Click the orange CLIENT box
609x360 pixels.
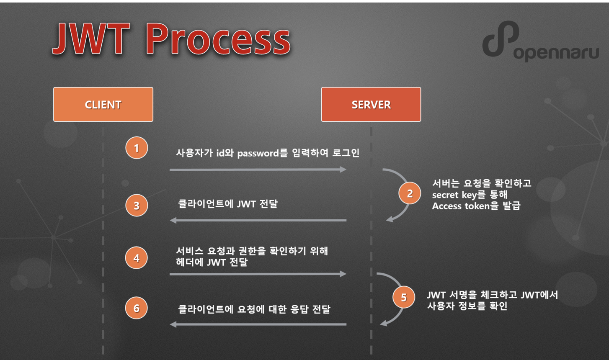pos(103,104)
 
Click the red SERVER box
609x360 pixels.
pos(371,104)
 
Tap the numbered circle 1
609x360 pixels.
pos(137,148)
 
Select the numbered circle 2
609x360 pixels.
pos(410,193)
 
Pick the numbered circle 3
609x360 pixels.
pos(137,206)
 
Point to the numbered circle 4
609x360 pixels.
pos(137,258)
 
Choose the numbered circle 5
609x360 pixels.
pos(404,297)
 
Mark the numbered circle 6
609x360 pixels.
pos(137,309)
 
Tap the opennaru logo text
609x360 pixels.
pos(556,53)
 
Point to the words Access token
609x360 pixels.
pos(460,206)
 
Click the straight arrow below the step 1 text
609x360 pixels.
pos(258,170)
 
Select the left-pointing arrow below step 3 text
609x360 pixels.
pos(258,220)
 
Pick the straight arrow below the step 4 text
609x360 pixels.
pos(258,274)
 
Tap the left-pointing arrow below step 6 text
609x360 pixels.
pos(258,324)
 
